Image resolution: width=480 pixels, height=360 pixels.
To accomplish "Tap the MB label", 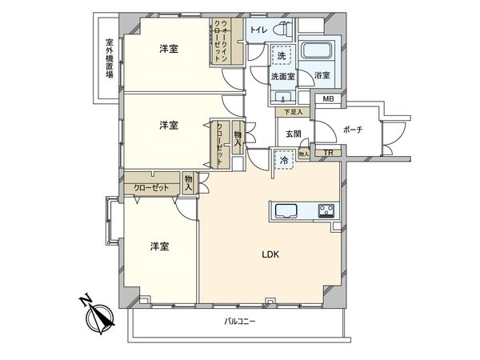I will tap(327, 99).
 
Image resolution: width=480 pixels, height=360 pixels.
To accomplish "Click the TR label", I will tap(327, 152).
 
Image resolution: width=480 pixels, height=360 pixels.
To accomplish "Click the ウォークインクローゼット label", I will tap(218, 40).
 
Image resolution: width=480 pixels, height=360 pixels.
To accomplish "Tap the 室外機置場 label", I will tap(108, 58).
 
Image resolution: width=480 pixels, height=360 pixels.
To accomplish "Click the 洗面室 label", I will tap(281, 77).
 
